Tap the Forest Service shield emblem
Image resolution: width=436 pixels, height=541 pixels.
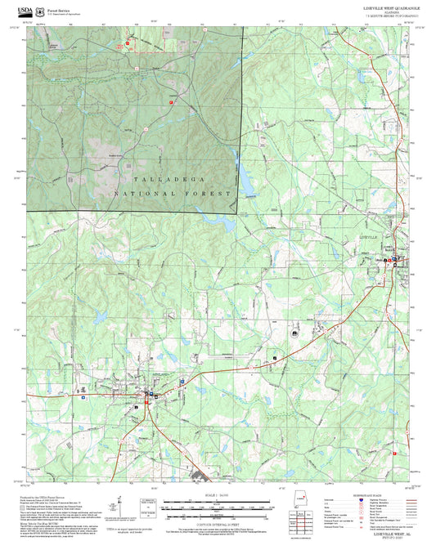pos(42,11)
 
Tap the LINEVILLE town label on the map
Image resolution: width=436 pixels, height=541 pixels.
pos(371,236)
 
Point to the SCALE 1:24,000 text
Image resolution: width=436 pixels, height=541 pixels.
pos(218,495)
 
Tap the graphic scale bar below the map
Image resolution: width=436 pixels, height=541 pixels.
pos(218,505)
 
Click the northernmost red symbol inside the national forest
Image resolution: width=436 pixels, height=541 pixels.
pos(127,43)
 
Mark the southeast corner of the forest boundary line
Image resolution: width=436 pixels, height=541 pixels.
pos(236,213)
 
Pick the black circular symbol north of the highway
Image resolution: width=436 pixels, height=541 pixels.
pos(293,333)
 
